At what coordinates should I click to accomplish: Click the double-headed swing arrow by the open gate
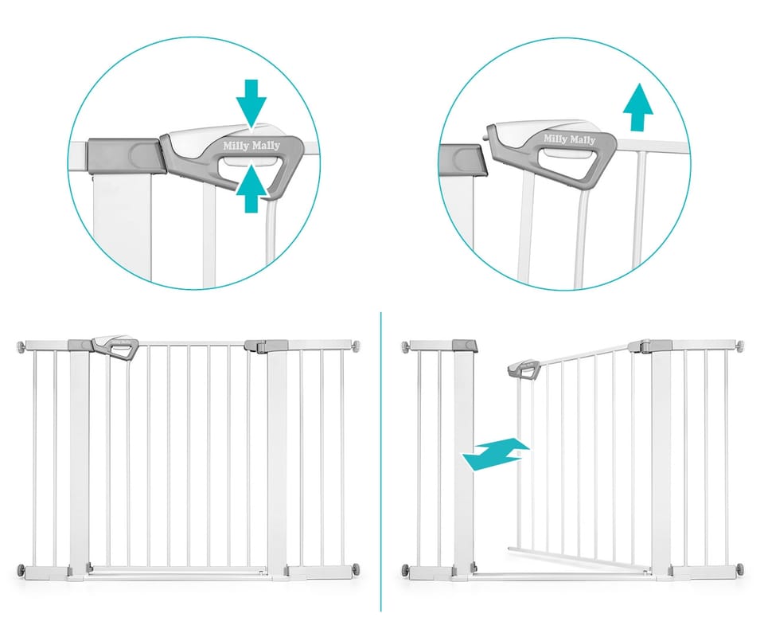pyautogui.click(x=496, y=454)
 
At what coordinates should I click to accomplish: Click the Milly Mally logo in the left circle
pyautogui.click(x=251, y=145)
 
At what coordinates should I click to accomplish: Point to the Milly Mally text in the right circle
pyautogui.click(x=570, y=139)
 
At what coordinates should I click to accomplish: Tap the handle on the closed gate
pyautogui.click(x=116, y=348)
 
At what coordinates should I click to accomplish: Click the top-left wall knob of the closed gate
pyautogui.click(x=20, y=346)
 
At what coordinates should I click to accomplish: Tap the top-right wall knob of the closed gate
pyautogui.click(x=357, y=346)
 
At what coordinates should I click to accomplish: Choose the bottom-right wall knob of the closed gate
pyautogui.click(x=357, y=569)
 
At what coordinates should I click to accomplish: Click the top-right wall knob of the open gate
pyautogui.click(x=741, y=346)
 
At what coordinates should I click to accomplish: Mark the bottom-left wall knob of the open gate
pyautogui.click(x=405, y=569)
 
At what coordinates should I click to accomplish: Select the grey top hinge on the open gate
pyautogui.click(x=649, y=346)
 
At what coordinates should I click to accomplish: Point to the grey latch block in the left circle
pyautogui.click(x=124, y=155)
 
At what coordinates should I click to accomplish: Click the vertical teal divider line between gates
pyautogui.click(x=381, y=462)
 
